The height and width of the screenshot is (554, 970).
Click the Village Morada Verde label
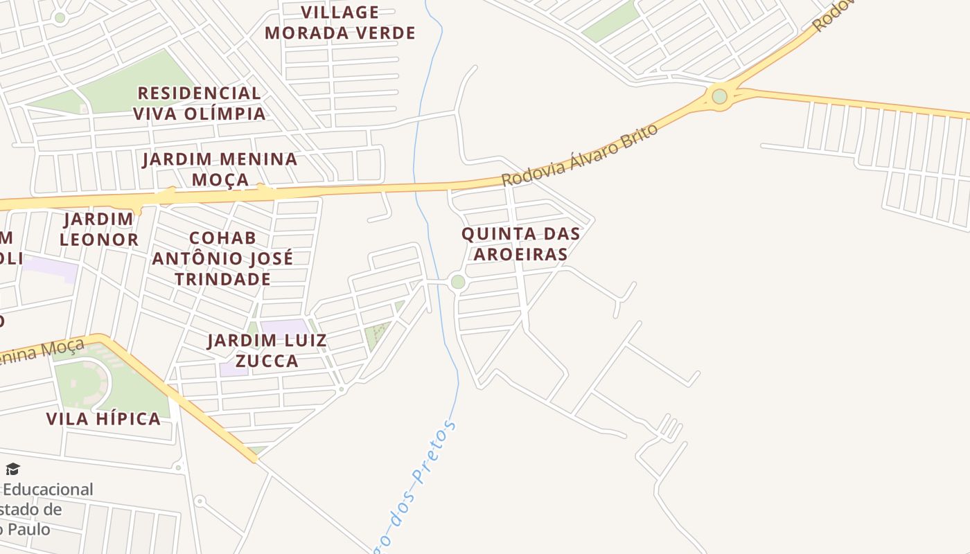click(x=339, y=23)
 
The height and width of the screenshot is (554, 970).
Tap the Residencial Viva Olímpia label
click(x=199, y=103)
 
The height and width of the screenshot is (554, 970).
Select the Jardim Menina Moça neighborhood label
click(x=220, y=169)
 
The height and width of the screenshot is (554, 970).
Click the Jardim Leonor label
click(x=98, y=229)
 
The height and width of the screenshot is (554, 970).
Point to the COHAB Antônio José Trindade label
click(x=222, y=258)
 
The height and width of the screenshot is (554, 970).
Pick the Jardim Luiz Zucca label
click(x=267, y=350)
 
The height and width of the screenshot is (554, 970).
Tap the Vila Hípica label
click(x=103, y=418)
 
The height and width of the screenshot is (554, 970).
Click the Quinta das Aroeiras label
click(x=521, y=243)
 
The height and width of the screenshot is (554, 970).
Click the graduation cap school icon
click(x=12, y=470)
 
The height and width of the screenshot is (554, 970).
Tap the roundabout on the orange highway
click(x=720, y=96)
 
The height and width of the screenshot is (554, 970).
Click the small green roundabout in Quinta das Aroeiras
click(x=457, y=282)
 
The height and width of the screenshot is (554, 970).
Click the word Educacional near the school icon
click(x=48, y=490)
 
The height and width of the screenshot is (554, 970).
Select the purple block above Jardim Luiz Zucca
click(x=284, y=326)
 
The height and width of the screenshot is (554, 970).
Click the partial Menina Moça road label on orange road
click(x=42, y=353)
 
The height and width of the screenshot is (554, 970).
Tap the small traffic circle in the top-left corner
click(x=60, y=18)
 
